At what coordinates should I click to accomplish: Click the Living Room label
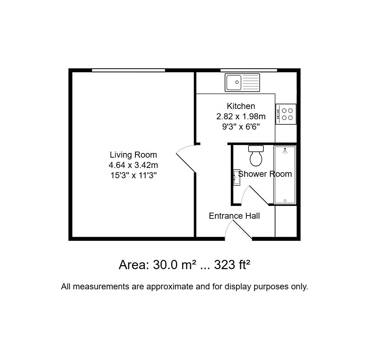(133, 155)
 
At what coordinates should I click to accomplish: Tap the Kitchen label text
(241, 106)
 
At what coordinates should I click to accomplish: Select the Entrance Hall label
(234, 216)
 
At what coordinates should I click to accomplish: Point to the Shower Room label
(265, 174)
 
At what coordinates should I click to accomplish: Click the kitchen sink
(242, 82)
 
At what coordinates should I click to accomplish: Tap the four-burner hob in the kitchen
(286, 114)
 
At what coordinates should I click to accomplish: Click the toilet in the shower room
(256, 156)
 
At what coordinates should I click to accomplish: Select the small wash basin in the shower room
(237, 178)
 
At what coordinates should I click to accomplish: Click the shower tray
(285, 175)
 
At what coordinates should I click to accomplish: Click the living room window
(128, 70)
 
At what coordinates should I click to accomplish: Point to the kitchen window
(248, 70)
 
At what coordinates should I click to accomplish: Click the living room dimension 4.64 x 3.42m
(133, 165)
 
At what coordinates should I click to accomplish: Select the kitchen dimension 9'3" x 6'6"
(241, 127)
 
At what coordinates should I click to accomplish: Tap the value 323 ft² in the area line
(232, 265)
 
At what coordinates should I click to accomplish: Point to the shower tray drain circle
(285, 201)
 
